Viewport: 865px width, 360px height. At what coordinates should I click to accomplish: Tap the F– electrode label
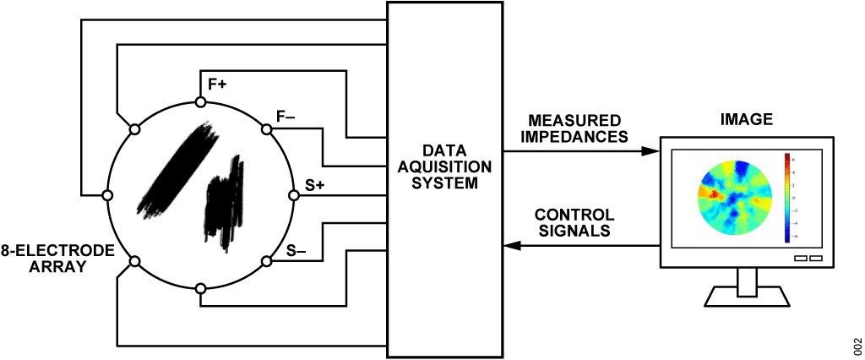click(286, 117)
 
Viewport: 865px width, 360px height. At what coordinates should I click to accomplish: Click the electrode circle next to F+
click(201, 102)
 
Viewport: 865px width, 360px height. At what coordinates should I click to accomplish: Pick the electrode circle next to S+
click(294, 195)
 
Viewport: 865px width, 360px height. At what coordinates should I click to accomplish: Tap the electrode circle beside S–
click(267, 261)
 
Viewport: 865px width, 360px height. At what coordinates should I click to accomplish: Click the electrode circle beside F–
click(267, 129)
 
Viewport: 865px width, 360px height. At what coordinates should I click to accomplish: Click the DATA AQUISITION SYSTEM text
click(445, 166)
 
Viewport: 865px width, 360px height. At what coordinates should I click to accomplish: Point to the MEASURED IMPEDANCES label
click(574, 128)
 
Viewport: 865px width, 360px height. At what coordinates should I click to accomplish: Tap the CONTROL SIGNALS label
click(575, 222)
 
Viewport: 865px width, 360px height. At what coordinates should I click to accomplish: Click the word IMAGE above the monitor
click(746, 120)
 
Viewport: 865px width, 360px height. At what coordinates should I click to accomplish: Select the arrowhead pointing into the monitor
click(650, 151)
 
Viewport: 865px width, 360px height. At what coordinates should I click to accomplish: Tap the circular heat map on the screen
click(734, 200)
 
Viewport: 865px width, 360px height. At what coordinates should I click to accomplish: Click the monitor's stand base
click(746, 297)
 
